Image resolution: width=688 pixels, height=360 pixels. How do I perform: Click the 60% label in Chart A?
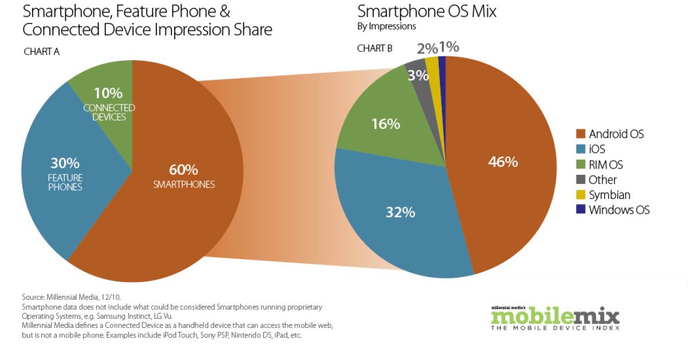point(183,170)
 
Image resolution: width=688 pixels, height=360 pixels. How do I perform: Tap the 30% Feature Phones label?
point(65,163)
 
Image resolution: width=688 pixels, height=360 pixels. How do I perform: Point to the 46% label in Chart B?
point(503,162)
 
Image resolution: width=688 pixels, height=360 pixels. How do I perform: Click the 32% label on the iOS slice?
point(400,212)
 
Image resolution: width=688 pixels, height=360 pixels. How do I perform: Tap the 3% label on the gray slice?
point(415,75)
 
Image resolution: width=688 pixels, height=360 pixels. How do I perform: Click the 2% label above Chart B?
point(427,49)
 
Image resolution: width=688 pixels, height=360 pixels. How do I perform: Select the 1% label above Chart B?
point(449,47)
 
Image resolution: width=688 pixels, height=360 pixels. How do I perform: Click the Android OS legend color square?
point(580,134)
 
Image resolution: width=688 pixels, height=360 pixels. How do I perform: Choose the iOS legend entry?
point(597,149)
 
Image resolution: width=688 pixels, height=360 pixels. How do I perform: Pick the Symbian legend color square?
point(580,195)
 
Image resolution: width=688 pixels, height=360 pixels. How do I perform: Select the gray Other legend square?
point(580,179)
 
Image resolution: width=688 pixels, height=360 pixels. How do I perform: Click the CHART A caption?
point(42,52)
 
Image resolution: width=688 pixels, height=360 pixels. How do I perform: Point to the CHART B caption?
point(374,48)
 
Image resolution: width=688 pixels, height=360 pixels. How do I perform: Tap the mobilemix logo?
point(555,318)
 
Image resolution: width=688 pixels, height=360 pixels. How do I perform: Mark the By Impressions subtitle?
point(386,26)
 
